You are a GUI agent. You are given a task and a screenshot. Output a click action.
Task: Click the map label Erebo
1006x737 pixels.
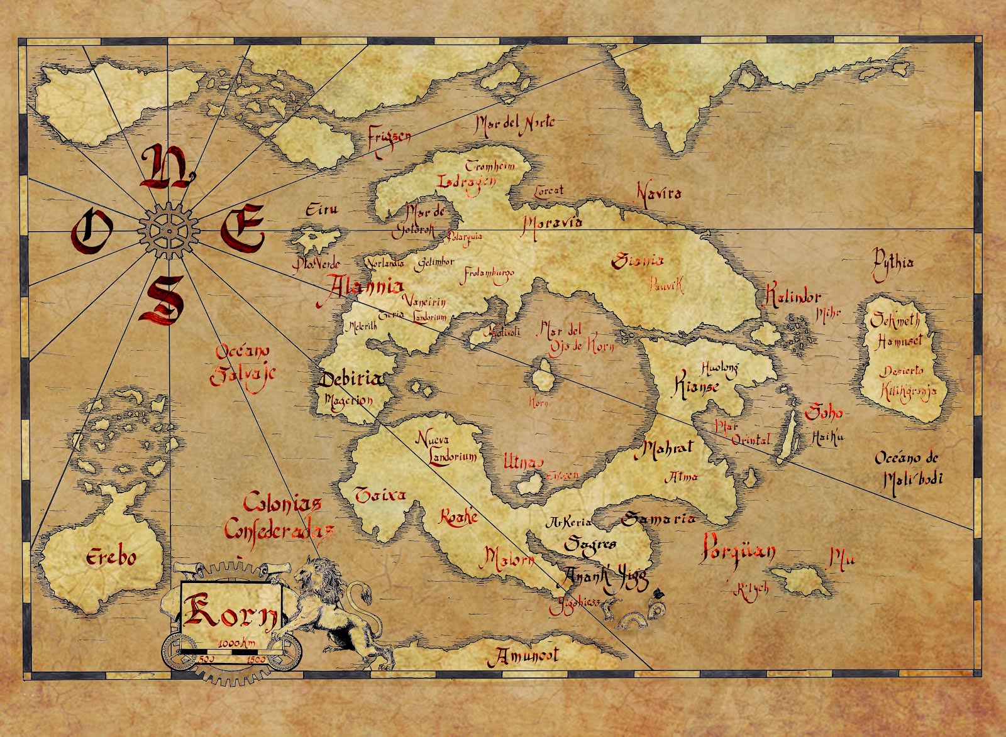pos(111,557)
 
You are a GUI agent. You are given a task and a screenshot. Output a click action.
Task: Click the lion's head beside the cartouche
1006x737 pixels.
pos(313,574)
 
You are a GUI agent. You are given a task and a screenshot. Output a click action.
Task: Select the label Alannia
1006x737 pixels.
pos(365,287)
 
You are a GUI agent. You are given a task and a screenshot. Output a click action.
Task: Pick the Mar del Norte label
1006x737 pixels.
pos(515,124)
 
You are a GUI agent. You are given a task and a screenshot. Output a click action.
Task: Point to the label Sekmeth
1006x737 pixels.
pos(895,320)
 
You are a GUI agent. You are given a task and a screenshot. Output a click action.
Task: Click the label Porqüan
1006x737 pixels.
pos(738,550)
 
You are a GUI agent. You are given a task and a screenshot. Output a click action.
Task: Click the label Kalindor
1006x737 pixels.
pos(792,297)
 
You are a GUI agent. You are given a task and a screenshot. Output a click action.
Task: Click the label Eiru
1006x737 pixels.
pos(321,210)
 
